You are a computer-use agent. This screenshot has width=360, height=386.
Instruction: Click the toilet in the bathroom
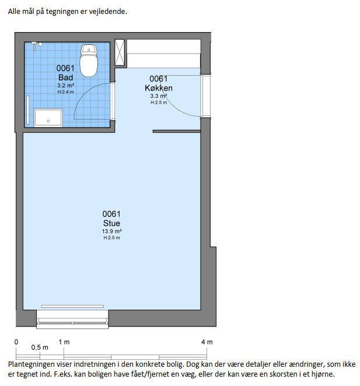coord(89,60)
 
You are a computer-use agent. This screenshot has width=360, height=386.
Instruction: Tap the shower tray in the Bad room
coord(48,118)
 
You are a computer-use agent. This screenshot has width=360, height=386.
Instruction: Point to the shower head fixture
coord(37,45)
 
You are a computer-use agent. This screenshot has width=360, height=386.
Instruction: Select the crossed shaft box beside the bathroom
coord(120,52)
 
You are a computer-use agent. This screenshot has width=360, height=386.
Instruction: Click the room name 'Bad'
coord(65,78)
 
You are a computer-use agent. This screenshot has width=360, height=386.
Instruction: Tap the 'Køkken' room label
coord(159,88)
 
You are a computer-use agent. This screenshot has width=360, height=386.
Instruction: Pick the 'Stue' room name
coord(111,223)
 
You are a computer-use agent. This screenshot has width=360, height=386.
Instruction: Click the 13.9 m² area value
coord(112,231)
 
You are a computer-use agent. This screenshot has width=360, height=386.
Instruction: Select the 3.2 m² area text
coord(66,86)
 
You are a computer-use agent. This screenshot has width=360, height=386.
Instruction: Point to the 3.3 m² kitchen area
coord(159,96)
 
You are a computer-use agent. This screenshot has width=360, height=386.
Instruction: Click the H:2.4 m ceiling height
coord(65,92)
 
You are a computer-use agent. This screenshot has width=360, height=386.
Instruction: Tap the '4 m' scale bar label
coord(207,342)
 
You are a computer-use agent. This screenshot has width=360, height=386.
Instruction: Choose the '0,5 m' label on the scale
coord(40,348)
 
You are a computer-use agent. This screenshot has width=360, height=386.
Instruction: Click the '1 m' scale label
coord(64,342)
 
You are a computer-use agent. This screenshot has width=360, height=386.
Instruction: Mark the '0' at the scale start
coord(16,342)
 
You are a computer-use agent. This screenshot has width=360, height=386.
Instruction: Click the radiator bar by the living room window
coord(72,307)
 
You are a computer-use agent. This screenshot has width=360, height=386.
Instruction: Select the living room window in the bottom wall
coord(72,320)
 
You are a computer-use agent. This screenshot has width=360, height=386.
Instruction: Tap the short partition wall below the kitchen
coord(176,131)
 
